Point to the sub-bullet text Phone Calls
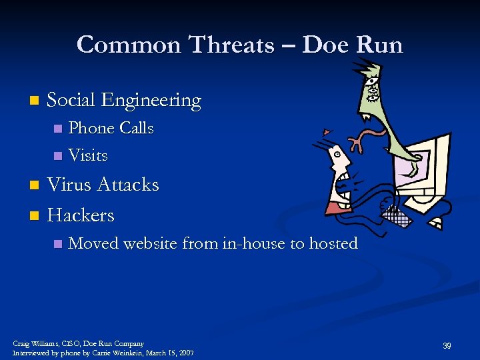111,128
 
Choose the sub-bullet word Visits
88,155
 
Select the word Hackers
81,215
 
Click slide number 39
447,345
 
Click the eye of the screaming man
338,153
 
